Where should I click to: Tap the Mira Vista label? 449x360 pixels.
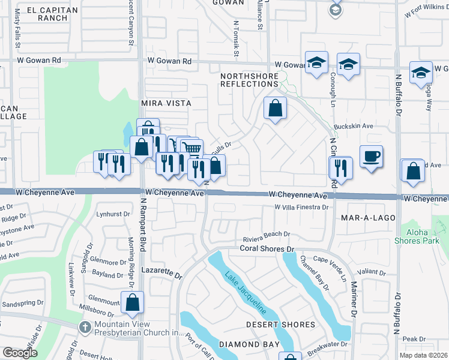click(166, 103)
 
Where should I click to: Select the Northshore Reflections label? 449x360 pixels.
click(249, 80)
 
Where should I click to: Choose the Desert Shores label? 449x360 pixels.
click(281, 325)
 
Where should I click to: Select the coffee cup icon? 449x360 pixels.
click(372, 157)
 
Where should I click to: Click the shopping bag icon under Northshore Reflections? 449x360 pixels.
click(275, 109)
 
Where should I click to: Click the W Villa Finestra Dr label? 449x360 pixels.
click(301, 207)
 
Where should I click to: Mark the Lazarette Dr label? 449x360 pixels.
click(161, 273)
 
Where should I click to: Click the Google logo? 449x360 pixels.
click(20, 352)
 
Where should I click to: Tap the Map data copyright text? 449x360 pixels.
click(423, 355)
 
